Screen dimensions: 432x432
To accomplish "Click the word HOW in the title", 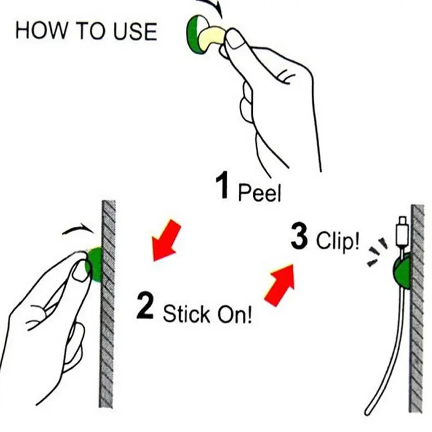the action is pyautogui.click(x=41, y=30).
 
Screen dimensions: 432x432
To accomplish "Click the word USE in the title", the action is pyautogui.click(x=135, y=31).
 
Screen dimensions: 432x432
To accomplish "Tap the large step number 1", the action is pyautogui.click(x=222, y=185).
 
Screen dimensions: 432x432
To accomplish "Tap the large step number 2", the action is pyautogui.click(x=145, y=306).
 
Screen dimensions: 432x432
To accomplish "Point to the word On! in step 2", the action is pyautogui.click(x=234, y=314).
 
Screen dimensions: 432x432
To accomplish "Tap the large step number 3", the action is pyautogui.click(x=299, y=236).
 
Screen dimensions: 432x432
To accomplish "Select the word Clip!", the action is pyautogui.click(x=337, y=240).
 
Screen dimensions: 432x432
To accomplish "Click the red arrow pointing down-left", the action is pyautogui.click(x=165, y=240).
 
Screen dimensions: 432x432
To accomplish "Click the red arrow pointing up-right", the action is pyautogui.click(x=280, y=285).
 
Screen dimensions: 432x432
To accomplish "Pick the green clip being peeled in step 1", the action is pyautogui.click(x=196, y=35).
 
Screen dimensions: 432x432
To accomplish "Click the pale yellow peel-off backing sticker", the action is pyautogui.click(x=212, y=38).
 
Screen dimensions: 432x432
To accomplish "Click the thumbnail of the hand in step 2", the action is pyautogui.click(x=80, y=272).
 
